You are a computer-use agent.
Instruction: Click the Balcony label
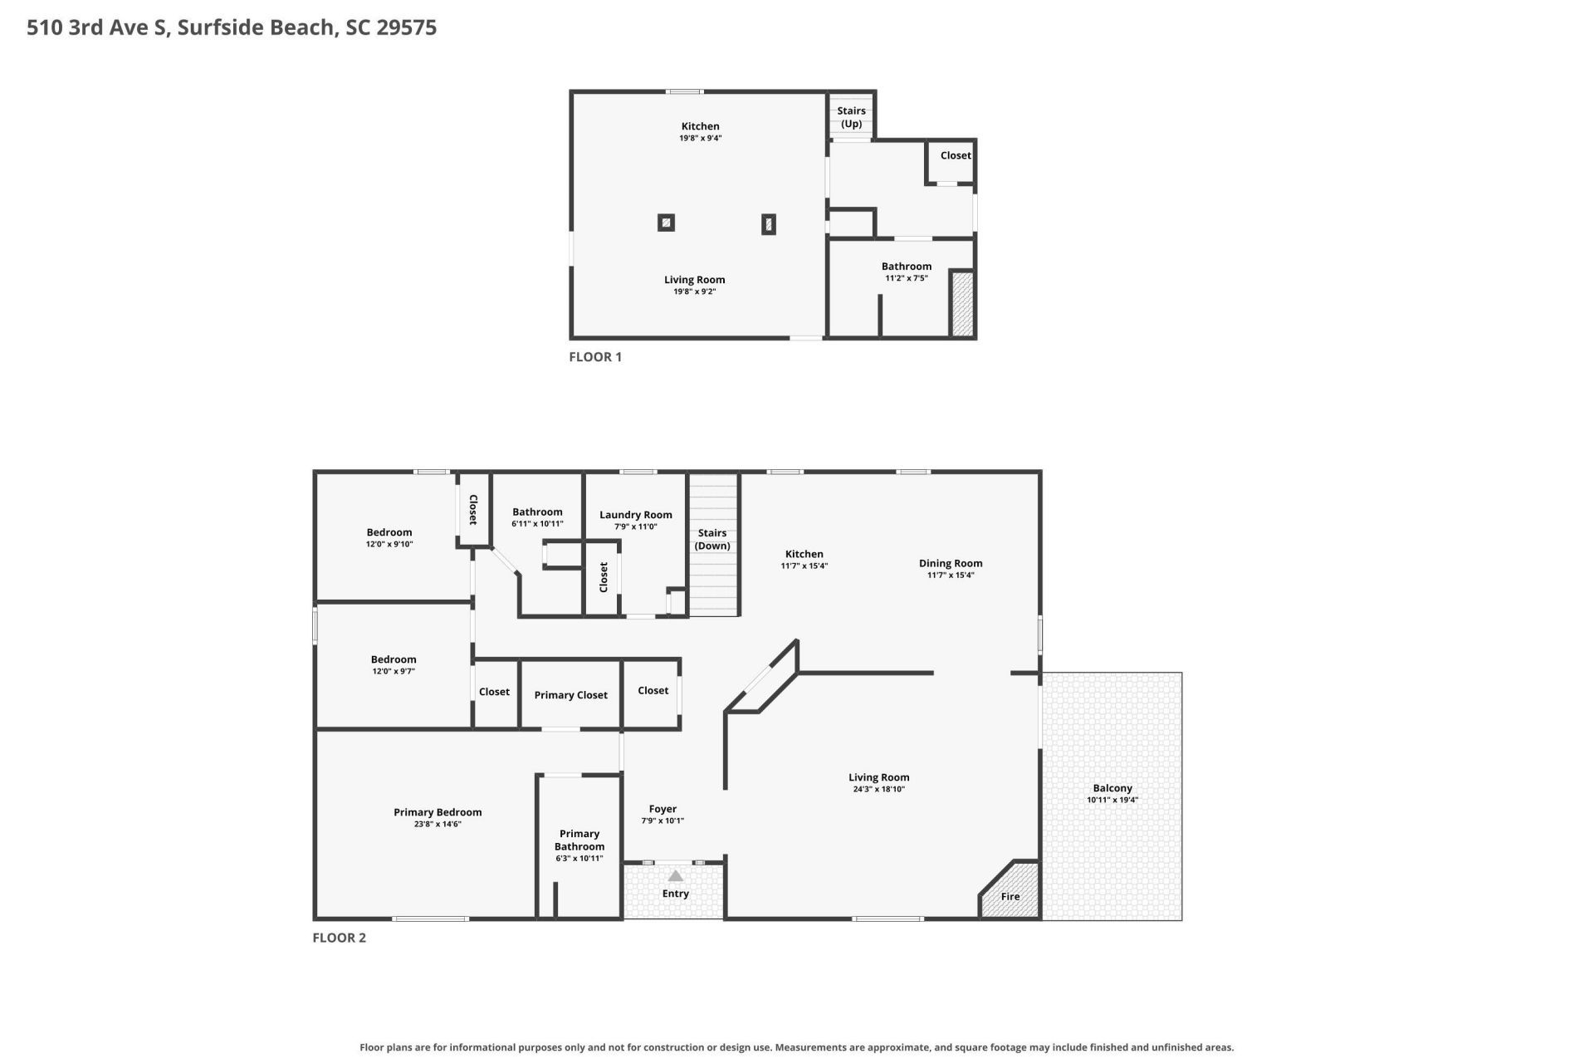[1112, 788]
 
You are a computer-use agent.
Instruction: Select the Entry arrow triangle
[676, 875]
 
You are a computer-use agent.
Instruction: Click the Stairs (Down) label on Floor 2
[712, 539]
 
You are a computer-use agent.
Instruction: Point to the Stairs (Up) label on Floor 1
[851, 117]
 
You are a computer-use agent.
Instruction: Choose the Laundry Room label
[636, 515]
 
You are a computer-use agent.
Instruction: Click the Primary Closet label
[571, 695]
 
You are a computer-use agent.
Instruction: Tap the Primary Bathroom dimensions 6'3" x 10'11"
[579, 859]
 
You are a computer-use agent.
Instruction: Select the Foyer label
[663, 809]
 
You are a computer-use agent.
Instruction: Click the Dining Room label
[951, 563]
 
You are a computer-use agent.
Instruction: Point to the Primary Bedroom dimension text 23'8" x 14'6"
[438, 824]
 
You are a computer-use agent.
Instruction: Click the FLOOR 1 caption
[595, 357]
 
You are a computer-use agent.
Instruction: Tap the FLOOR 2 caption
[339, 938]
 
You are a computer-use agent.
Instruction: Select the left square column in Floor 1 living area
[666, 223]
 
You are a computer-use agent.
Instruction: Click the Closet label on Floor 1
[956, 155]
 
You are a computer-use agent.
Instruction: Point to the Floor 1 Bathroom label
[907, 267]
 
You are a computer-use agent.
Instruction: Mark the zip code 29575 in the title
[407, 27]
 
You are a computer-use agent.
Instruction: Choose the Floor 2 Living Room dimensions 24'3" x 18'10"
[879, 789]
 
